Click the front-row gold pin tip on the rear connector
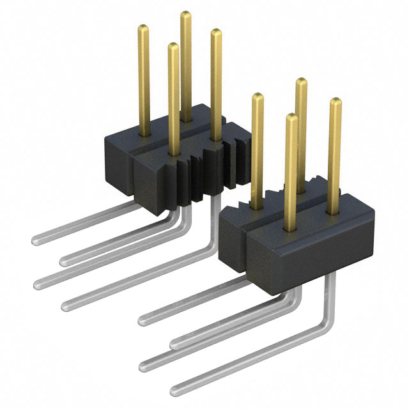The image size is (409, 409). coord(173,45)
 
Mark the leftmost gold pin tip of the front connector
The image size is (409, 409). coord(258,96)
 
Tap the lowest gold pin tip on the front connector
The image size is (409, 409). coord(291,117)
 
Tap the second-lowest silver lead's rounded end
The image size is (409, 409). coord(144,365)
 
